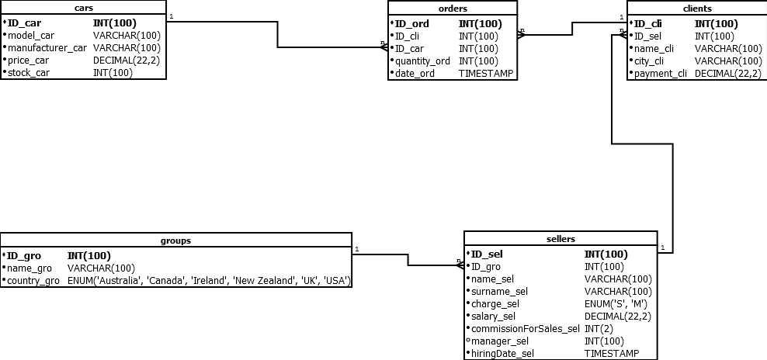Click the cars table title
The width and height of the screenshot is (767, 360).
pos(84,8)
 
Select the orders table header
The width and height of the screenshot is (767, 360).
pos(453,9)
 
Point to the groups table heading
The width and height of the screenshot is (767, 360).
pos(176,241)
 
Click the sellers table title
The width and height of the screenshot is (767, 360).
pos(560,239)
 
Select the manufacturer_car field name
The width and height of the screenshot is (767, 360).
pos(47,48)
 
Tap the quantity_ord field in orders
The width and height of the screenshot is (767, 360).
pos(422,61)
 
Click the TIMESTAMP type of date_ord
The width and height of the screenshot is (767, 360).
pos(486,74)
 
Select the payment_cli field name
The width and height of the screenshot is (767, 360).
pos(661,74)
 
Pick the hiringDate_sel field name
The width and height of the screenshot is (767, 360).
pos(503,354)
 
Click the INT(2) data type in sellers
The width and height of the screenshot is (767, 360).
pos(599,329)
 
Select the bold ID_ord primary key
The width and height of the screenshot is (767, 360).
pos(412,23)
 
